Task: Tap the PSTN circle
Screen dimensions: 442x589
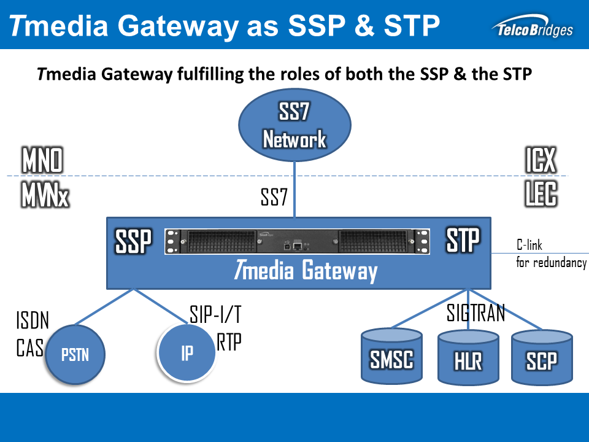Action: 75,354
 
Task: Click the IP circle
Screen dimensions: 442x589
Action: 187,354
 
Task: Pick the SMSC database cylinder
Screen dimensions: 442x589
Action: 391,359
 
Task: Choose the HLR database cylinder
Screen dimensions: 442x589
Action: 468,360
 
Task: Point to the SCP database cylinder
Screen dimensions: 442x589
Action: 542,360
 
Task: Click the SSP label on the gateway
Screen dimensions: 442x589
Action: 133,242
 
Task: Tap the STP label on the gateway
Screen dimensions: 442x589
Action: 463,240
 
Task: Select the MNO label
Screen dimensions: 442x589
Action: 42,161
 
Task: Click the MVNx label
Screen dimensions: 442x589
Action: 45,196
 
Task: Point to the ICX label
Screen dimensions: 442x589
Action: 541,160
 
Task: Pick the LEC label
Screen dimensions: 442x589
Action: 541,195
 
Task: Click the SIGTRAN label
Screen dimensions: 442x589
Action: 475,313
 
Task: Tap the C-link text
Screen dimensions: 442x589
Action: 529,246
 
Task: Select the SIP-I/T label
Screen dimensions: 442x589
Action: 215,316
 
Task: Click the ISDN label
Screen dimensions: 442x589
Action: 33,320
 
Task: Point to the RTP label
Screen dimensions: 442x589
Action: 229,343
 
